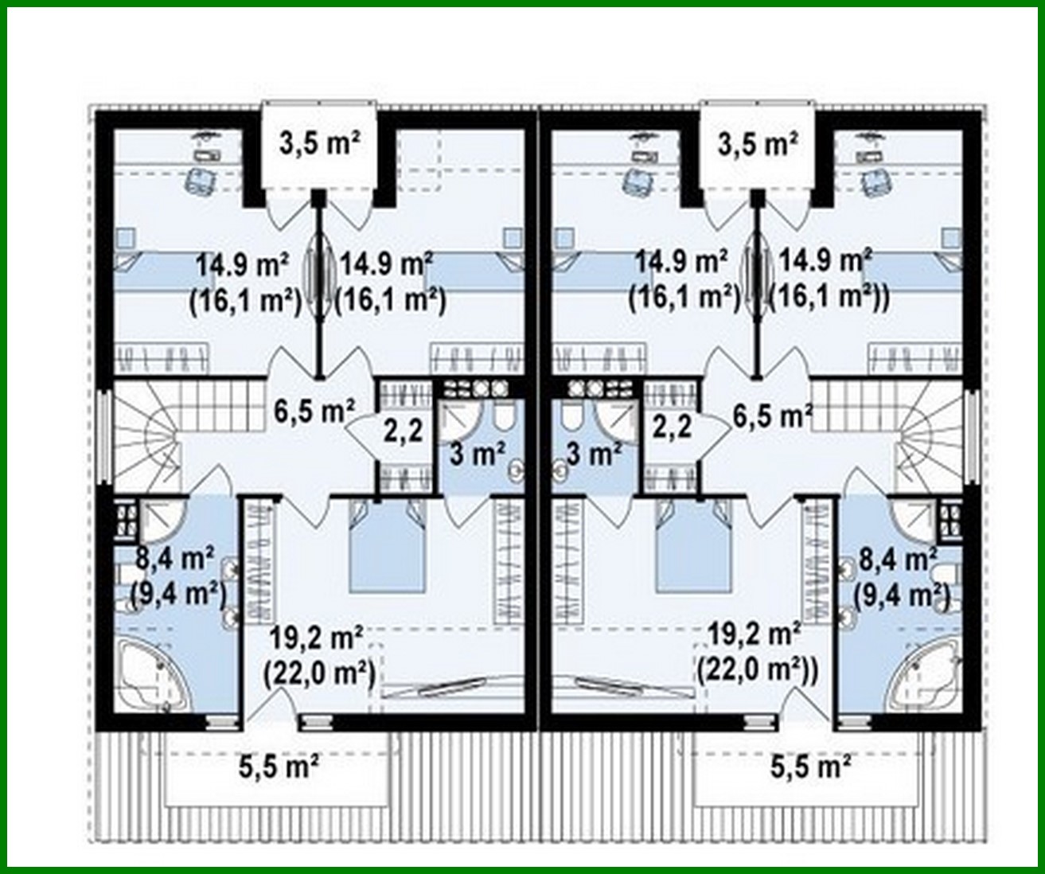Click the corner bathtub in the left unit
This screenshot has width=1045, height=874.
[154, 676]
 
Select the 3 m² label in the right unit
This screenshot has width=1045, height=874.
[595, 455]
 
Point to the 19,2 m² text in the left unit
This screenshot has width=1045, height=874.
[316, 638]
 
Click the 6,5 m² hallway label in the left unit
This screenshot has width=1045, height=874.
[314, 412]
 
